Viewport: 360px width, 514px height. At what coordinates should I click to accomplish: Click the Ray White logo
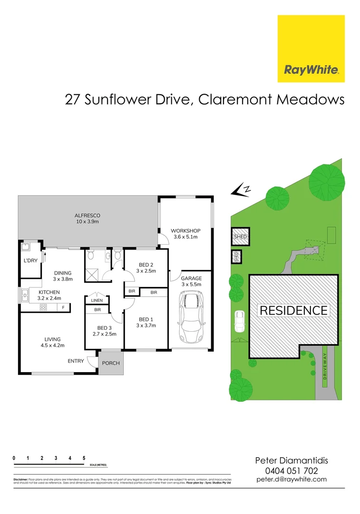tap(311, 49)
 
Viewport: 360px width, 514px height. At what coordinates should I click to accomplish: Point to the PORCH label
tap(111, 363)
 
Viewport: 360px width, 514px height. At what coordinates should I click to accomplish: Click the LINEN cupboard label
tap(97, 300)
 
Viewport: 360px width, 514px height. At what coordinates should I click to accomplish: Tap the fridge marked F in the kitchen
tap(63, 308)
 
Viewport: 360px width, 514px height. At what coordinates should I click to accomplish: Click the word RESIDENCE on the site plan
tap(293, 311)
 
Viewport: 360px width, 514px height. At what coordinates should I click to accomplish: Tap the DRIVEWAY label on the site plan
tap(325, 363)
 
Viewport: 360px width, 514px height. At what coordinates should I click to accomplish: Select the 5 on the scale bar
tap(84, 458)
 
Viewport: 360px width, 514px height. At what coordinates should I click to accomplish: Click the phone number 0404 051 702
tap(292, 470)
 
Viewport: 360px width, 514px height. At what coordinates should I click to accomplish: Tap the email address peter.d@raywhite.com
tap(292, 479)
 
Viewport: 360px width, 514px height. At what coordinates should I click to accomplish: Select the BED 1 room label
tap(146, 322)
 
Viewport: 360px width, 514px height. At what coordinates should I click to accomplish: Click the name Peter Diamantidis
tap(292, 460)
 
